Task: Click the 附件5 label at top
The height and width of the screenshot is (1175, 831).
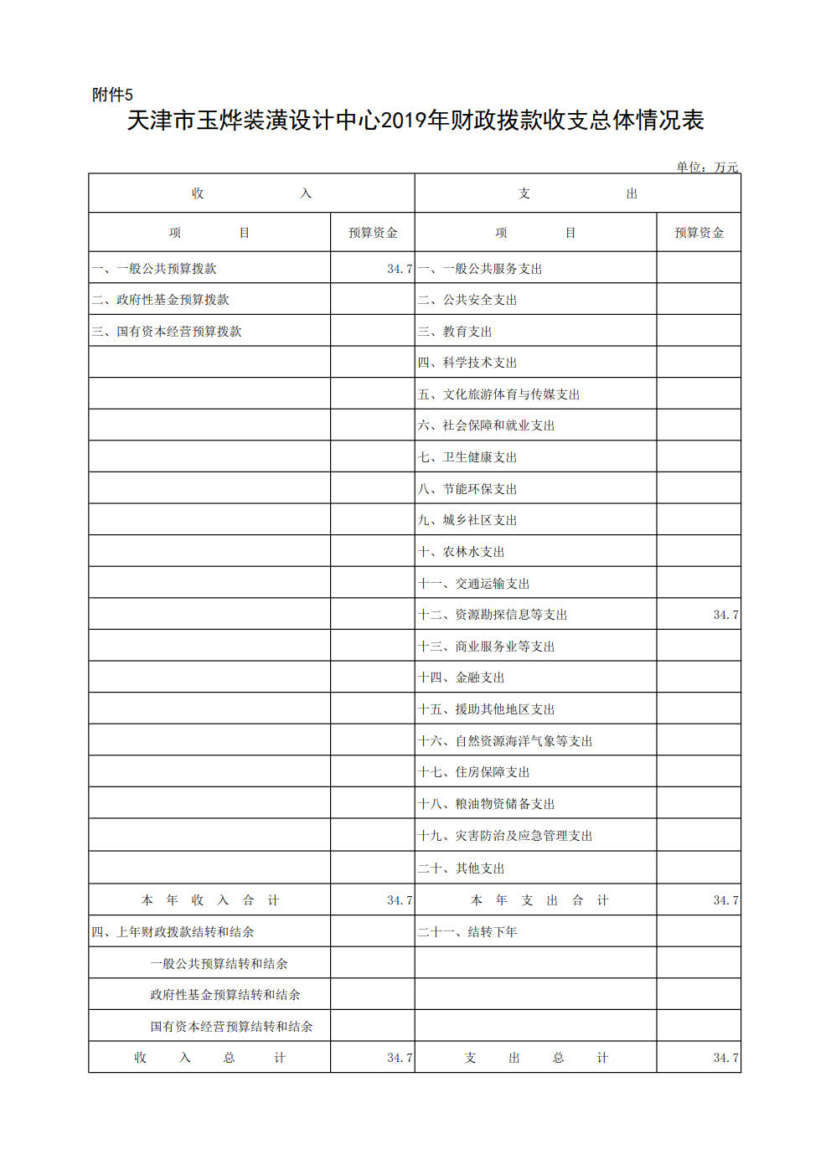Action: click(112, 95)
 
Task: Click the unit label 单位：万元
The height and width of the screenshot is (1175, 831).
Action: click(707, 167)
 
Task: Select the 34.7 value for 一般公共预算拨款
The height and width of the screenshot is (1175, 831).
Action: click(400, 269)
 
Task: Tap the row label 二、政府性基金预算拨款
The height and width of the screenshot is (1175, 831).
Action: click(160, 300)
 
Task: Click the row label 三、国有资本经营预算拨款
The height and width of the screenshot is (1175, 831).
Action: click(166, 332)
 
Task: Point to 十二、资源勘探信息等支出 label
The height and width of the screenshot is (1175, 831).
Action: click(493, 615)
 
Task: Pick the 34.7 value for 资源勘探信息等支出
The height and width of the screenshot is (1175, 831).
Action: click(725, 615)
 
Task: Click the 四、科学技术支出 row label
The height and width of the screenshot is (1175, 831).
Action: click(467, 363)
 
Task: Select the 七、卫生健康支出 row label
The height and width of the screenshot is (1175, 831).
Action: click(467, 457)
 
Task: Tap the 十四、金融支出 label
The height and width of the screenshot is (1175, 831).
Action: click(462, 678)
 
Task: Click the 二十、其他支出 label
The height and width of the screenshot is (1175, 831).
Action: click(462, 868)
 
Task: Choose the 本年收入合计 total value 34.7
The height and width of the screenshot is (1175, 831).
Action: click(400, 900)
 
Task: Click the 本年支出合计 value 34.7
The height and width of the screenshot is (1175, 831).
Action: click(725, 900)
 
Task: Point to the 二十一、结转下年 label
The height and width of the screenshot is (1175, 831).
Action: click(467, 932)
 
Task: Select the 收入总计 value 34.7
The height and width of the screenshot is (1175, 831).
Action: click(400, 1058)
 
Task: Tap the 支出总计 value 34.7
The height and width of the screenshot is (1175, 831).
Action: click(725, 1058)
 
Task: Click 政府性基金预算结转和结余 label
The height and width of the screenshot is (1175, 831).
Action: click(225, 995)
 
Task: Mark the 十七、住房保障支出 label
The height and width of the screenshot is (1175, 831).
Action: click(474, 772)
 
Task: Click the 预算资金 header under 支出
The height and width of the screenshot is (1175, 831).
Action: click(699, 233)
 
